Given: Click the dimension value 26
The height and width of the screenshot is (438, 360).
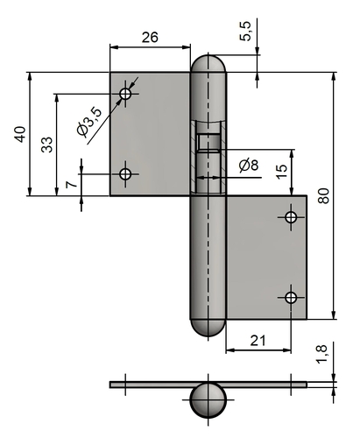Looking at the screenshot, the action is [x=150, y=38].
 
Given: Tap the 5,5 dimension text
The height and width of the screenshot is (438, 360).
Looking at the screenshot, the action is [x=245, y=31].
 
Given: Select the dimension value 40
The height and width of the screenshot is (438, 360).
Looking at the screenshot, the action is [x=20, y=134].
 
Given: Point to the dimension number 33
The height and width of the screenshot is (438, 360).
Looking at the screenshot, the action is [x=46, y=145].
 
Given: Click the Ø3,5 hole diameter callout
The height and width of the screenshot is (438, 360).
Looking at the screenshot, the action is [x=90, y=123].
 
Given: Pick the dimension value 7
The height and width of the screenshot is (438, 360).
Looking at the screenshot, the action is [x=71, y=185].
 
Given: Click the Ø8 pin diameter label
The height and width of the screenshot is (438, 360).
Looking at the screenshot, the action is [x=249, y=166].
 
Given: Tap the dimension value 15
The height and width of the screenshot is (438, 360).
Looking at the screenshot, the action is [x=282, y=172].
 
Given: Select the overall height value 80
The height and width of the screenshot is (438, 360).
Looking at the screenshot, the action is [x=324, y=196].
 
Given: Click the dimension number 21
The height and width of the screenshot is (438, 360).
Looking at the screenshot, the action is [x=258, y=341].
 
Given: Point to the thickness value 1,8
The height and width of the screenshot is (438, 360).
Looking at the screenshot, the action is [x=321, y=354].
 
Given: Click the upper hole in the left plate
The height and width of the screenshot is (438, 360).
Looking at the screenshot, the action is [x=125, y=94].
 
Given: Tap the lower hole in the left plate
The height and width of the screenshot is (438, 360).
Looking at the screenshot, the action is [x=125, y=174].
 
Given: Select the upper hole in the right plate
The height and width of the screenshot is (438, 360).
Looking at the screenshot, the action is [x=291, y=217].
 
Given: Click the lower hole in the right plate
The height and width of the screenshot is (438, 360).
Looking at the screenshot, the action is [x=291, y=298].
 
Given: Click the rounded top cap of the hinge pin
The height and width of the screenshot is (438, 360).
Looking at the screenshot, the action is [x=208, y=63].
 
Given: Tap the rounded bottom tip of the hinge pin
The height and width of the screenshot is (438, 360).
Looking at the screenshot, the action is [x=208, y=328].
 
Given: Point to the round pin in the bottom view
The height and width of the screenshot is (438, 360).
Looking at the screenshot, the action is [x=208, y=399].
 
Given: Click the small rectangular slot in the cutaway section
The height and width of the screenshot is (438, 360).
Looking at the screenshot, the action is [x=208, y=142].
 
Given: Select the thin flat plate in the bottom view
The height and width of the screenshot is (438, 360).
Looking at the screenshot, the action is [x=208, y=385].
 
